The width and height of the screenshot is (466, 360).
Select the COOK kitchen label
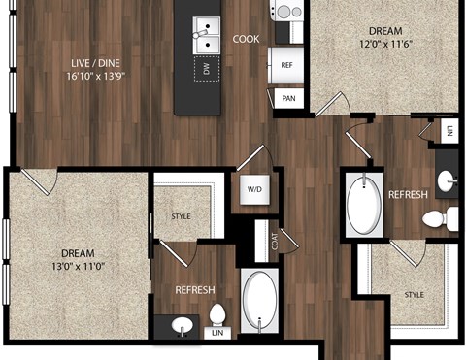246,40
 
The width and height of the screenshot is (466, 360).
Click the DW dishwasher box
205,68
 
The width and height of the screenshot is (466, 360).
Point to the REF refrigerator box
287,65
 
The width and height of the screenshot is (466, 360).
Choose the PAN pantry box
287,98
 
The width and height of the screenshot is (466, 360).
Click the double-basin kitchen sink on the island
206,37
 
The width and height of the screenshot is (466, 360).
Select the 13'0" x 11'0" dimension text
72,260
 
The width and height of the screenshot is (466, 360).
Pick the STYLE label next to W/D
183,216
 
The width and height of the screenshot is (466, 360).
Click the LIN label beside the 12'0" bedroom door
449,130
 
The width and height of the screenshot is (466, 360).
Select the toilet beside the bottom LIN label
218,316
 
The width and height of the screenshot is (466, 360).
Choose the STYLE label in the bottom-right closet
415,294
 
